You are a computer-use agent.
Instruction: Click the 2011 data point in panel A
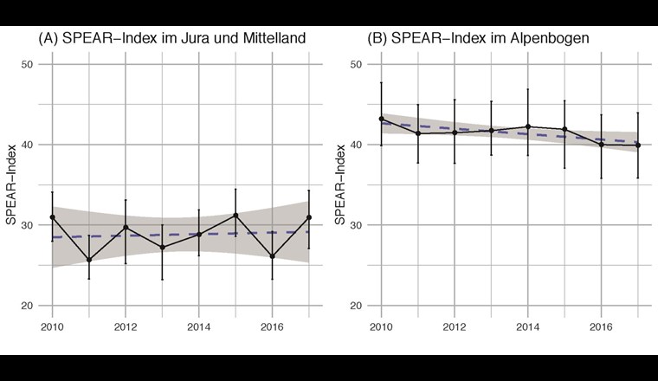pos(88,260)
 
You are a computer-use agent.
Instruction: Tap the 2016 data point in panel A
pos(272,256)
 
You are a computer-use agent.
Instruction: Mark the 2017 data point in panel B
pos(638,145)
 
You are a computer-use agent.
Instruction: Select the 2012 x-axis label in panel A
pos(126,329)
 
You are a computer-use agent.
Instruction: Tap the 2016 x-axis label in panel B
pos(602,329)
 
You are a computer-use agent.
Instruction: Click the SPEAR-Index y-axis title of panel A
pos(11,184)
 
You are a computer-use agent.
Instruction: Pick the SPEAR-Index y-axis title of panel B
pos(341,184)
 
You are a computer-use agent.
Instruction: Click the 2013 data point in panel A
pos(162,247)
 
